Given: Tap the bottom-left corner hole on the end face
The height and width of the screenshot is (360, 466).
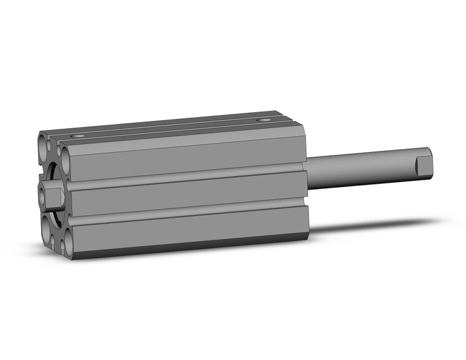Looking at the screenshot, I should [x=47, y=229].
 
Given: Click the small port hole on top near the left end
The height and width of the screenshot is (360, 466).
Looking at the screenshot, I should [x=77, y=135].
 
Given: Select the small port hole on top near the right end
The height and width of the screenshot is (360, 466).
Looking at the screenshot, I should [x=264, y=120].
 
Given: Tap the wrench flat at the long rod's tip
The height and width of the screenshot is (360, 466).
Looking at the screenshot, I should [x=424, y=164].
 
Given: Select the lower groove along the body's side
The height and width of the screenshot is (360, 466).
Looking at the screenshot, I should [x=184, y=211].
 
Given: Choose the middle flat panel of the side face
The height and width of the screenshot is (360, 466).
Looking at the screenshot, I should [x=184, y=193].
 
